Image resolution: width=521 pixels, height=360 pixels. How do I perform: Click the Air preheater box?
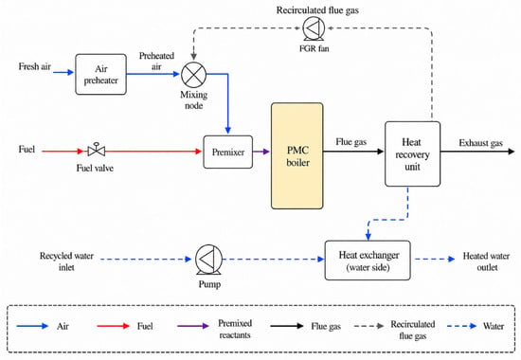(x=101, y=75)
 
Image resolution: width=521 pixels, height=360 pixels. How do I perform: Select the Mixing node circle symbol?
(x=193, y=75)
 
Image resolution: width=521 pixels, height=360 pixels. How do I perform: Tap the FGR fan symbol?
(x=314, y=28)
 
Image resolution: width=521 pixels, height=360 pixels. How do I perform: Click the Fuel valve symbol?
(x=97, y=151)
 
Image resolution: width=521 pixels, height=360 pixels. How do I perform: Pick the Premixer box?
(x=228, y=152)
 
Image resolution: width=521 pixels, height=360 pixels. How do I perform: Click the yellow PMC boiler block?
(x=297, y=156)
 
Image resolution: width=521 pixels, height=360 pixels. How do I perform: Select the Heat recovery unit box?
(x=412, y=153)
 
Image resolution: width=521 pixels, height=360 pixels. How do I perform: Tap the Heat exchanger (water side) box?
(x=368, y=261)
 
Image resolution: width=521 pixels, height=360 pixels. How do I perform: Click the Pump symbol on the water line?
(x=208, y=260)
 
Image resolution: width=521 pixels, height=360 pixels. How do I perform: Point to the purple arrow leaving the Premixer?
(x=261, y=152)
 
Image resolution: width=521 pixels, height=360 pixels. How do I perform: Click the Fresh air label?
(x=34, y=66)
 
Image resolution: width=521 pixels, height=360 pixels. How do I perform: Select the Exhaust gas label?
(x=481, y=143)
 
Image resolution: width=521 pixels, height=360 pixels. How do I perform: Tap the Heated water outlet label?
(x=487, y=261)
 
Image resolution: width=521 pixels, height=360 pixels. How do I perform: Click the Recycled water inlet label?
(x=66, y=261)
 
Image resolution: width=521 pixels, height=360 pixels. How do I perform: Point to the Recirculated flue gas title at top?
(x=317, y=10)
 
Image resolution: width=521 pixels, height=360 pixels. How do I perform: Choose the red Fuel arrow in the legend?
(x=113, y=326)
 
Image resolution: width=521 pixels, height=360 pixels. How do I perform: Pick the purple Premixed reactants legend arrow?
(x=193, y=326)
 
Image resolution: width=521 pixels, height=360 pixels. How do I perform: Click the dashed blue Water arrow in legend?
(x=462, y=326)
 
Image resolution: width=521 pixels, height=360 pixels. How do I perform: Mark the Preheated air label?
(x=156, y=62)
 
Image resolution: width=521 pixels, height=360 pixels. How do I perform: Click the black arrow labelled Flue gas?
(x=353, y=152)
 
